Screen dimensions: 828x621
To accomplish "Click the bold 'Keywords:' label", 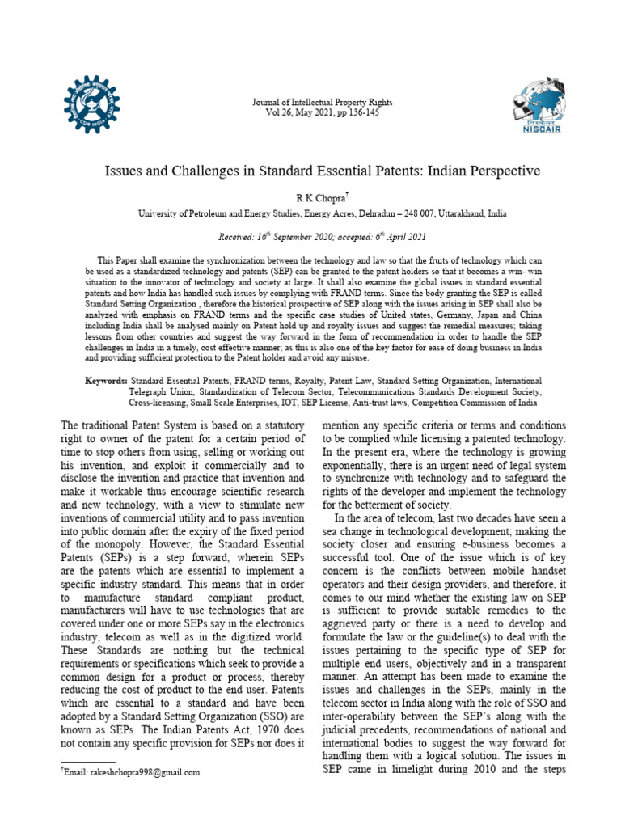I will coord(106,380).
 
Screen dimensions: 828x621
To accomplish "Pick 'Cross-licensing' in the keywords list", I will coord(161,403).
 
